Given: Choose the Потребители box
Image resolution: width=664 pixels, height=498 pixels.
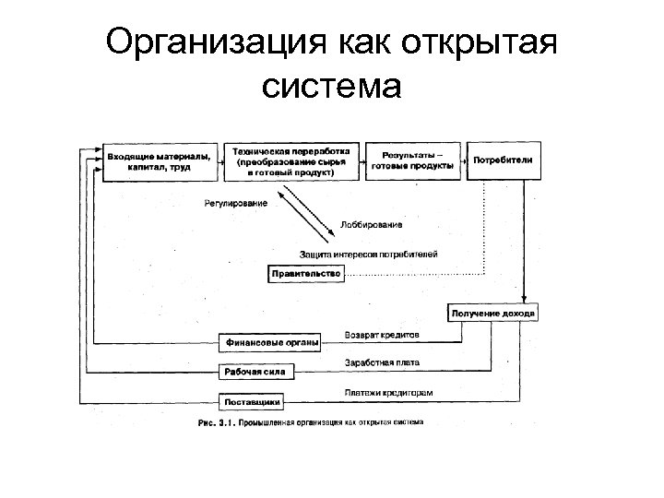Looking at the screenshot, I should [503, 160].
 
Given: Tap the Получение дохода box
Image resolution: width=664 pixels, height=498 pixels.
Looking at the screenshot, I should [492, 314].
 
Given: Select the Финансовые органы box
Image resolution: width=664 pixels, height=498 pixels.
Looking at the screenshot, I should [270, 343].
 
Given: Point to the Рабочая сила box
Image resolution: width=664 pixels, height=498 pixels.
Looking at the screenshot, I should [256, 373].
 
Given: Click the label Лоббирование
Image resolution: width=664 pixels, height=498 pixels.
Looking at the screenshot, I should [371, 224].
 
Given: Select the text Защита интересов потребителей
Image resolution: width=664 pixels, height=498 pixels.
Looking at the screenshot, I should [368, 253].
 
